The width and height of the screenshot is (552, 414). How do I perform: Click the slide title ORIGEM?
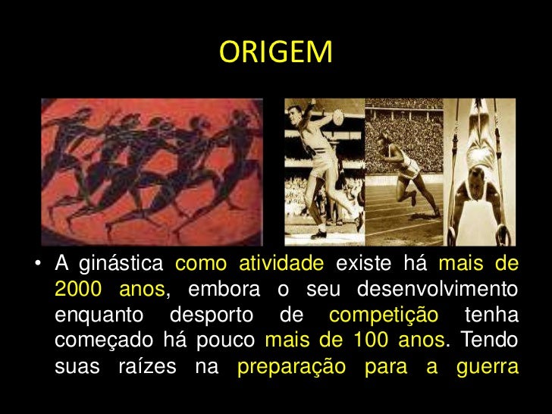coord(275,52)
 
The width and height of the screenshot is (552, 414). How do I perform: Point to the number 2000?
coord(79,291)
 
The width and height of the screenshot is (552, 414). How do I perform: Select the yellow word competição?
coord(384,317)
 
